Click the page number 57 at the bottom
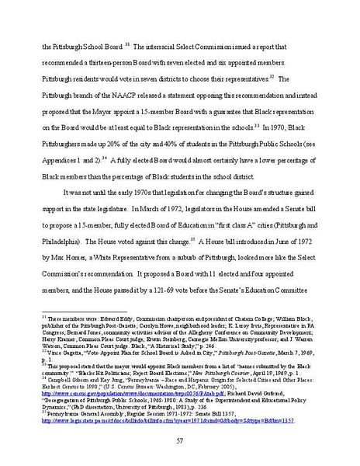pos(180,440)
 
